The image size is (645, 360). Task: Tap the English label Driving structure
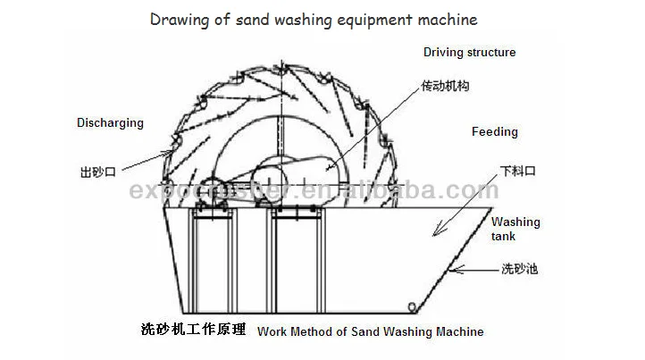tap(469, 53)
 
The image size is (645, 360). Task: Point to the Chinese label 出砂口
tap(96, 168)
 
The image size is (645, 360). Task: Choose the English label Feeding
tap(494, 132)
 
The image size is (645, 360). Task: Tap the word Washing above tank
tap(515, 222)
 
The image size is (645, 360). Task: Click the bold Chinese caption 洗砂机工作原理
tap(193, 330)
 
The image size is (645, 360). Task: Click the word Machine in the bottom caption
tap(457, 331)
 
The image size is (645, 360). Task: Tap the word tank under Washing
tap(504, 237)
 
